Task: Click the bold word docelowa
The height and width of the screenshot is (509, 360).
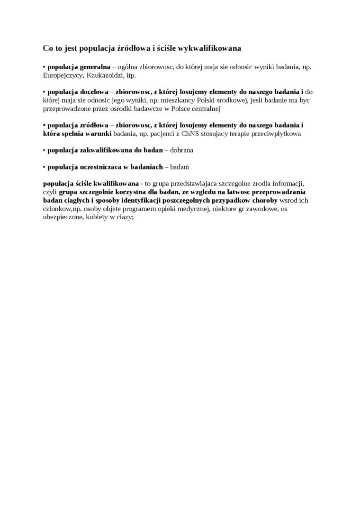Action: coord(92,91)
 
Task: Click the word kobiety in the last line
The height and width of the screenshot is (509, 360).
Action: coord(97,217)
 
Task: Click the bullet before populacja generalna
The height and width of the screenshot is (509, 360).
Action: coord(44,67)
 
